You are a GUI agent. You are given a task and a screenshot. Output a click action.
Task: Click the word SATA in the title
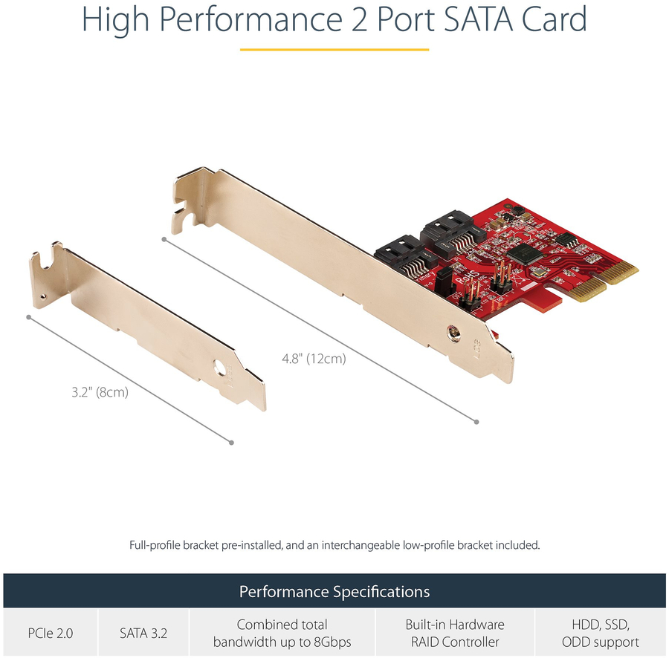pos(478,19)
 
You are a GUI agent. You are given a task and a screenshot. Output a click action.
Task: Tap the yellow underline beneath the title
pos(334,50)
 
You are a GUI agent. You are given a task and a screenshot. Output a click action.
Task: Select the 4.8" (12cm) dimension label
pos(314,359)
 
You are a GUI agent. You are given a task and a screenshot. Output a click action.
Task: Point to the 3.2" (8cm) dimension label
pos(100,392)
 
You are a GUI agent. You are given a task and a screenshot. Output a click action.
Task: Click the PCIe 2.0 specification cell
pos(51,633)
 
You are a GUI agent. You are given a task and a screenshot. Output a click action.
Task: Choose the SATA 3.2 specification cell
pos(143,633)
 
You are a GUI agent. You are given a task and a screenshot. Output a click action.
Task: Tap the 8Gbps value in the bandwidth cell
pos(331,642)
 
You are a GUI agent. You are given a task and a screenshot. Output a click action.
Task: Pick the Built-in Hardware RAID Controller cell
pos(455,633)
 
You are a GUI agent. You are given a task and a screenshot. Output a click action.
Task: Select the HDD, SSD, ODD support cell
pos(601,633)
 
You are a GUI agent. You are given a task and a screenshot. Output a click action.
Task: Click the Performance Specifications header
pos(334,591)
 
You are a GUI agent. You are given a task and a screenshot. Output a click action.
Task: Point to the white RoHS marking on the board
pos(468,278)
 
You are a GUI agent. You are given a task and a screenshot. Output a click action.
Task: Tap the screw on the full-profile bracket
pos(453,333)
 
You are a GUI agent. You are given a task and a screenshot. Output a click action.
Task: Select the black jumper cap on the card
pos(445,282)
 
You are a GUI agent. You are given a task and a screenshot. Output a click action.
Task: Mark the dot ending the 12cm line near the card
pos(476,422)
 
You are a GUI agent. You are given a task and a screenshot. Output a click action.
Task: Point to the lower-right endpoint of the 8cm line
pos(231,443)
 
